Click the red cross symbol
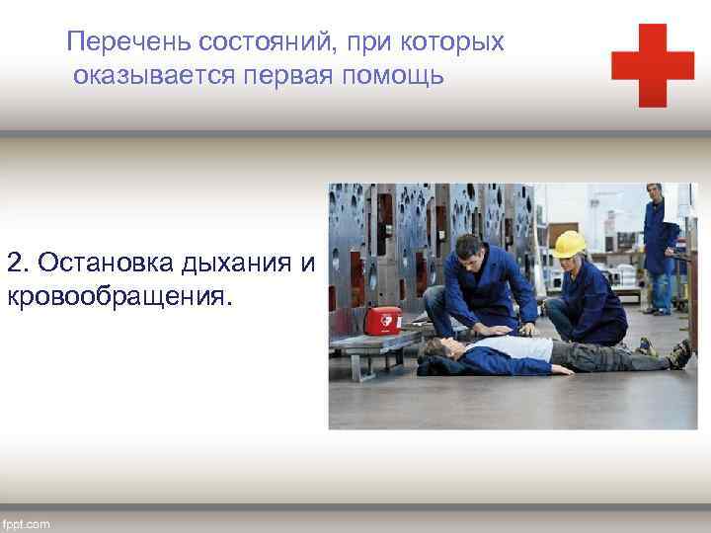click(652, 65)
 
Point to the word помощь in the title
click(396, 76)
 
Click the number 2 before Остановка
click(15, 264)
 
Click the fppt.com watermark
click(27, 522)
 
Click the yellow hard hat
click(569, 244)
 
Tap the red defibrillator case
click(382, 320)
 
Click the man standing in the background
click(659, 247)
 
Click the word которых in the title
click(457, 42)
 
